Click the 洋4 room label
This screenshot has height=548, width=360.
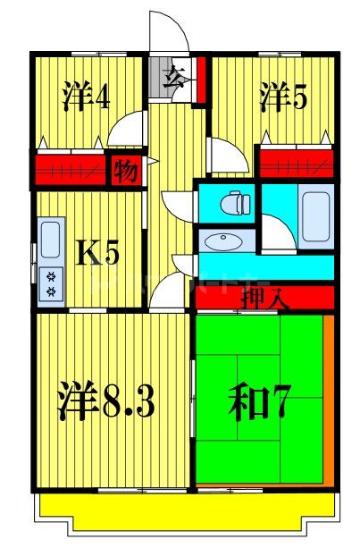pos(87,96)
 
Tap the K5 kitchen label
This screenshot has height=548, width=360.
pos(96,254)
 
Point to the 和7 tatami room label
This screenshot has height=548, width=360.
pos(260,401)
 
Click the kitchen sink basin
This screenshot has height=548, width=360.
pos(50,240)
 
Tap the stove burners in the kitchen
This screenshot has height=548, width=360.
pos(50,283)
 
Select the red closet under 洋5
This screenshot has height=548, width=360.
pos(295,163)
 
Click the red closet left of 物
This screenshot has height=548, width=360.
pos(71,169)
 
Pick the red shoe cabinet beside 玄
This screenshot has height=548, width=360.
pos(200,80)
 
